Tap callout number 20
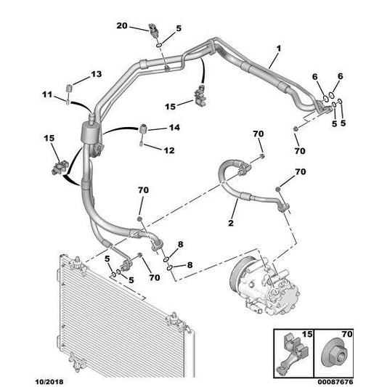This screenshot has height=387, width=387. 122,26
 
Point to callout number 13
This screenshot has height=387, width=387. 97,75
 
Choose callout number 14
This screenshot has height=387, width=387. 174,127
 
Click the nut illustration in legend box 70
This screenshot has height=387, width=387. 335,350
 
